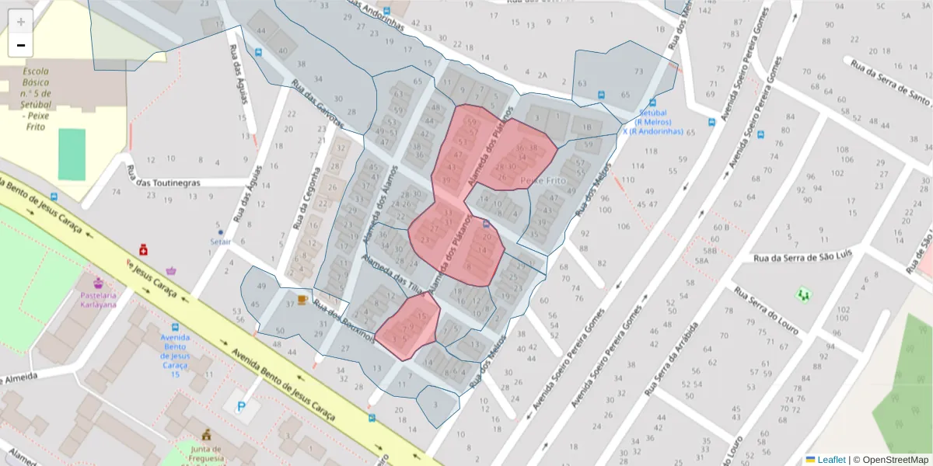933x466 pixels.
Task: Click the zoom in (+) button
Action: tap(21, 22)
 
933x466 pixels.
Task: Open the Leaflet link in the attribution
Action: tap(830, 460)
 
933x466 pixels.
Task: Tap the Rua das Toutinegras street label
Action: tap(163, 183)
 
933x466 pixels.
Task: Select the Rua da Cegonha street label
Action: tap(306, 200)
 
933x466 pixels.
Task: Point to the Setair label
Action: tap(221, 242)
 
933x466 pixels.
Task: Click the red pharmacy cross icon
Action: tap(143, 249)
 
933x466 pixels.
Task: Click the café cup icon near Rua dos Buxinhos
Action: tap(302, 299)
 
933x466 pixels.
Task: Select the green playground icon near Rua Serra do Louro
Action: tap(803, 294)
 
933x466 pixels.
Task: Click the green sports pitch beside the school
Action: tap(72, 154)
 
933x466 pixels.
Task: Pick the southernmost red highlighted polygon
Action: tap(409, 327)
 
